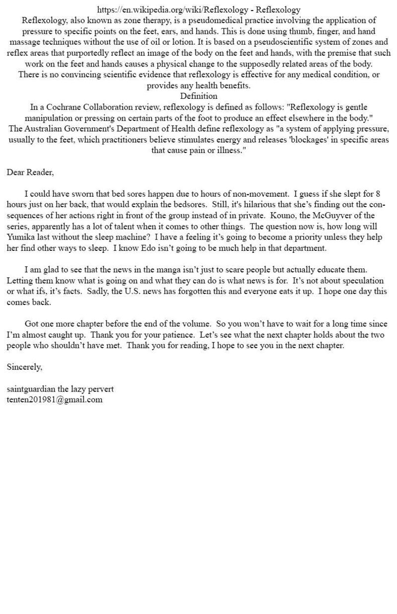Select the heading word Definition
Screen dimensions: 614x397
pyautogui.click(x=198, y=96)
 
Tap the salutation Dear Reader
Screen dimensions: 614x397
pyautogui.click(x=30, y=172)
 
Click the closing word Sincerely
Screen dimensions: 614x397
pyautogui.click(x=24, y=367)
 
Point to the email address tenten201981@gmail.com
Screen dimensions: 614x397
pyautogui.click(x=55, y=399)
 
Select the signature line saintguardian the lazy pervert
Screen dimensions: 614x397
pyautogui.click(x=60, y=389)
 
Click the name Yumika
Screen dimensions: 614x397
pyautogui.click(x=20, y=237)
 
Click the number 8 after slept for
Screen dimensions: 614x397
pyautogui.click(x=378, y=194)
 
